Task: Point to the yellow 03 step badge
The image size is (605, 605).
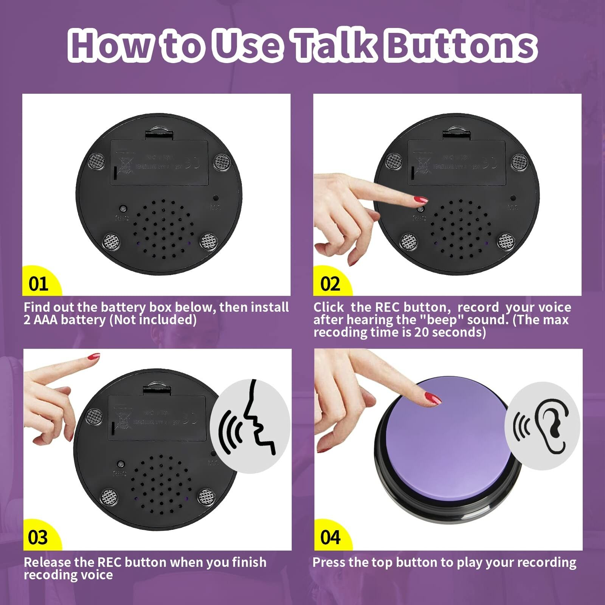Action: [x=38, y=537]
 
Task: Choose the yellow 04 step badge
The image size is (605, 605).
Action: [x=330, y=537]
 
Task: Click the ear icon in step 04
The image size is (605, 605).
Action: [x=550, y=425]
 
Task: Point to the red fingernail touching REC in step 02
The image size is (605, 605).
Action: [x=421, y=199]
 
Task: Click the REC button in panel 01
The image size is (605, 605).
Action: [x=123, y=209]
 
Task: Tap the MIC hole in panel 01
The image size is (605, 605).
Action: [x=216, y=198]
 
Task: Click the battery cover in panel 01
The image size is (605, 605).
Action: [x=159, y=163]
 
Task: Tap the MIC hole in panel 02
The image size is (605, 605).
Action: [x=513, y=198]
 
